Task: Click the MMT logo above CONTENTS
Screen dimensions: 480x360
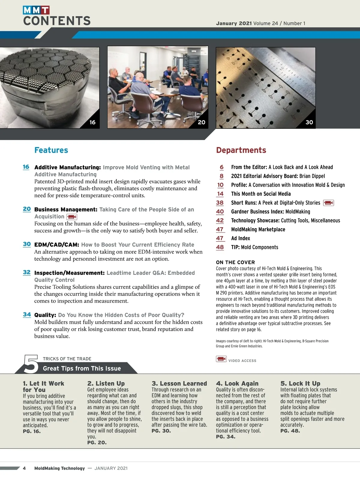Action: point(36,10)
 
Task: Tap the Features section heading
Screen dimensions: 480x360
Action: point(51,150)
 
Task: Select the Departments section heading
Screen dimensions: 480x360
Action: point(241,150)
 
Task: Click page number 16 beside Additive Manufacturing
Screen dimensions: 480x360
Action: point(26,167)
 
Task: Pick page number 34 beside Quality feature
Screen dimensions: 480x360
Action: point(27,314)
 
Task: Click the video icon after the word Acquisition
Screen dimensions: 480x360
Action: point(72,217)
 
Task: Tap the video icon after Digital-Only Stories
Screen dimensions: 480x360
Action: point(328,203)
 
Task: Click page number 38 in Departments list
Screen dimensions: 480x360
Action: point(220,203)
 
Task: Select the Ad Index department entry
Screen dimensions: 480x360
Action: point(240,238)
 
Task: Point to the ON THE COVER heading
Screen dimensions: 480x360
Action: point(235,262)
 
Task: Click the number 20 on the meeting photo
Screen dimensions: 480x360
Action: point(202,122)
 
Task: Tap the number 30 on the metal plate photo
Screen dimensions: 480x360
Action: point(309,122)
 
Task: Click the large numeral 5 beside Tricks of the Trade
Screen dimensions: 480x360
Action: point(31,364)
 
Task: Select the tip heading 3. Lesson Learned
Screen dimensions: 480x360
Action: point(179,383)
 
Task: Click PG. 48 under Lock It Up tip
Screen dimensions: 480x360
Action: point(290,431)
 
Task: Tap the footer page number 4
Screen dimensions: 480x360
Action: point(24,468)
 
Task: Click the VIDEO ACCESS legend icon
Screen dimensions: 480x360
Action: point(221,359)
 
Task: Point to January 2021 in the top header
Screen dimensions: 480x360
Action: point(234,23)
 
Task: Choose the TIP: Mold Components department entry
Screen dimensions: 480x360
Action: point(254,247)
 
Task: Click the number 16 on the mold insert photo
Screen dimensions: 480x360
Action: point(92,122)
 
